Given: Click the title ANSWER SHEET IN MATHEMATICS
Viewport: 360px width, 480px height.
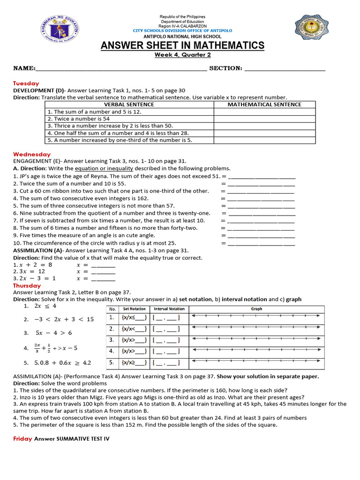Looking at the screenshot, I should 183,45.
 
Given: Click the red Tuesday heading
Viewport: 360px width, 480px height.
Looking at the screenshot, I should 26,83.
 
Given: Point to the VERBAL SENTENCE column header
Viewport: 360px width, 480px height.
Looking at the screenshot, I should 129,105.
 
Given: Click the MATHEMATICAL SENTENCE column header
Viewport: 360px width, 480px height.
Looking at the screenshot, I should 264,105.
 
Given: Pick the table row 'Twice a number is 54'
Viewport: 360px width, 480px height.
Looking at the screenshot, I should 129,119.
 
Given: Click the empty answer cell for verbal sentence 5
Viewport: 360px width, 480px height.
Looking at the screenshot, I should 264,140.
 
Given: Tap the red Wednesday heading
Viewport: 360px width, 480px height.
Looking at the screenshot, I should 31,154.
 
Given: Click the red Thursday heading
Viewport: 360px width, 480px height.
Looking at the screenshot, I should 27,285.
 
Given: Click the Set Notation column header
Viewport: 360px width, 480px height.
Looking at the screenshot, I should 134,309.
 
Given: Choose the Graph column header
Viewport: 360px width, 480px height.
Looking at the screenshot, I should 256,309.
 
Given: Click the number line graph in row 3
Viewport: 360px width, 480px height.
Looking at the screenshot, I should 256,339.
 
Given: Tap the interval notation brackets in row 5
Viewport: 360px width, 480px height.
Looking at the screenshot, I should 166,362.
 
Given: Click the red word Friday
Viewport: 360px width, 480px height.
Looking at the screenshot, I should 22,439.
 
